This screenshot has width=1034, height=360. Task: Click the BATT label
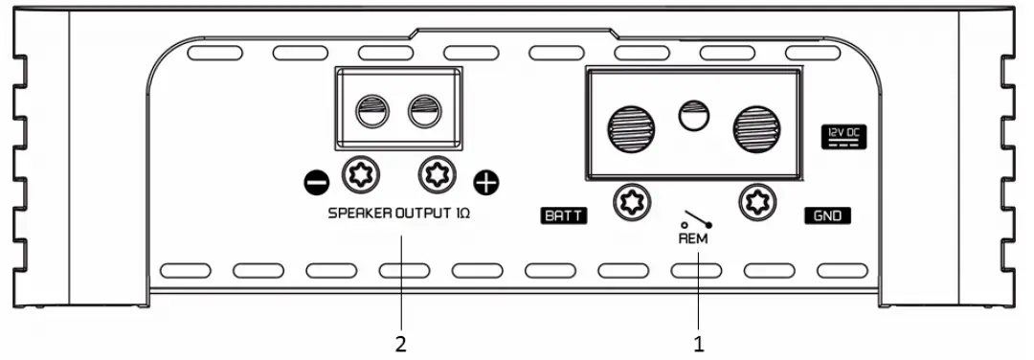(x=562, y=217)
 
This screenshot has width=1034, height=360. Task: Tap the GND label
(x=828, y=216)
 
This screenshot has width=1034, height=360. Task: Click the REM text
(x=692, y=239)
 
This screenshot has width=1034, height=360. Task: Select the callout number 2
(x=401, y=340)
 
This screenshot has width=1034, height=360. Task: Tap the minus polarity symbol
(x=319, y=180)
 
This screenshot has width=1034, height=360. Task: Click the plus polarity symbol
(x=487, y=180)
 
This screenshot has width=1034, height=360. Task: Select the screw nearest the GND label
(x=757, y=202)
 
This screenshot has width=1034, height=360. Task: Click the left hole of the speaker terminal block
(x=371, y=114)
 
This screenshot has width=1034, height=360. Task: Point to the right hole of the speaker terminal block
(x=423, y=114)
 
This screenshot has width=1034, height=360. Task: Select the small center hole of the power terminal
(x=693, y=117)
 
